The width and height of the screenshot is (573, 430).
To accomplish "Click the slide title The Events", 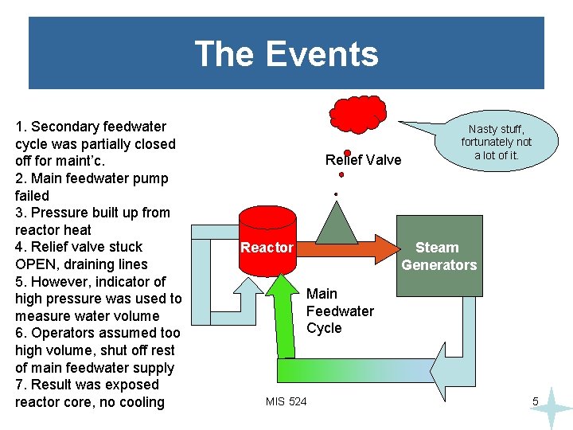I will coord(286,54).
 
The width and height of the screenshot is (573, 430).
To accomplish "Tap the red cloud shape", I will coord(357,114).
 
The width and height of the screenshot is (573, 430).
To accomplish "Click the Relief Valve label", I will coord(364,160).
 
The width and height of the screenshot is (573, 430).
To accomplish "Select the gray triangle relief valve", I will coord(337,221).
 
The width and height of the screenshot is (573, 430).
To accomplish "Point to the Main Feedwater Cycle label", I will coord(339,311).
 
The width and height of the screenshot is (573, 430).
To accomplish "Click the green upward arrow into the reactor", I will coord(280,319).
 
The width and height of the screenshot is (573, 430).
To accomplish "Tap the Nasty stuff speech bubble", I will coord(497,142).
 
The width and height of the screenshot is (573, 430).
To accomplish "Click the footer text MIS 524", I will coord(286,401).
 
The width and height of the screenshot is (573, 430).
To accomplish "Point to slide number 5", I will coord(536,402).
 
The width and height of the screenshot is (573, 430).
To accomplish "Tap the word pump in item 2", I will coord(151,178).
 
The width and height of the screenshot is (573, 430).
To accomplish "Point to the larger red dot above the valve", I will coord(347,153).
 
